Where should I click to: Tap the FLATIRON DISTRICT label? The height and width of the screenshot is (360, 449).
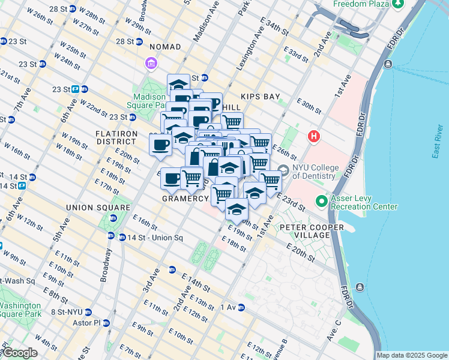point(116,137)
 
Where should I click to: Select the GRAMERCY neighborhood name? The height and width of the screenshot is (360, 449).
point(184,198)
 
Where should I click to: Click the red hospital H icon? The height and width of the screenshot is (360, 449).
point(313,137)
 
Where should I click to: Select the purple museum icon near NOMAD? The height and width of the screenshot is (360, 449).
point(150,63)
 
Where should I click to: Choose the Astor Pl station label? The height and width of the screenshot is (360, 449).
point(90,322)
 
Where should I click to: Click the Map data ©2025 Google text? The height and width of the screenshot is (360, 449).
point(412,355)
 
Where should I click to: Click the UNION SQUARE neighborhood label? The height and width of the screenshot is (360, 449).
point(98,208)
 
